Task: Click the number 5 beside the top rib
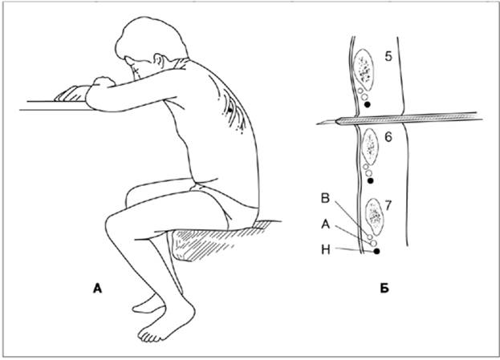(389, 59)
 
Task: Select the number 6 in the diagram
(388, 137)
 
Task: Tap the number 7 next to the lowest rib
(388, 206)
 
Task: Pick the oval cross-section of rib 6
(370, 144)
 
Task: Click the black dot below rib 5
(368, 103)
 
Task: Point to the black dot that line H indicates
(377, 251)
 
